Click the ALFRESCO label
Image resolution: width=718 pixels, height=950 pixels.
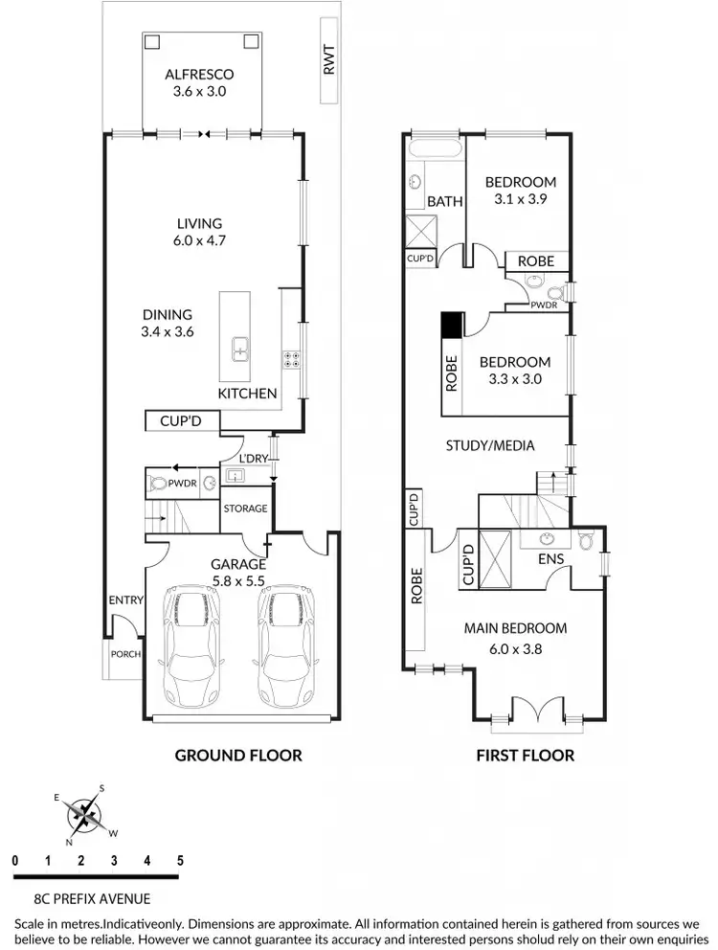[x=199, y=75]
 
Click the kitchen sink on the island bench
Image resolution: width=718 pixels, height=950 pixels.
[x=240, y=351]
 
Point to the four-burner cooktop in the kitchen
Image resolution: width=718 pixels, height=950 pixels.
[x=290, y=360]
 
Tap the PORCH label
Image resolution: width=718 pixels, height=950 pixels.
[x=125, y=655]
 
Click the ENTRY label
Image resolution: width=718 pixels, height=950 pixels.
[x=125, y=600]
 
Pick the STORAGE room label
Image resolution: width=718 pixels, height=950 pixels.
[x=246, y=509]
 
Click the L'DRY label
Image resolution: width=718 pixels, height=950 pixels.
[x=253, y=460]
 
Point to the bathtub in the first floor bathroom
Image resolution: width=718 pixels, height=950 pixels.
[x=436, y=147]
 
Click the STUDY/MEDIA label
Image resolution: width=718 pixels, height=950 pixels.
[x=490, y=445]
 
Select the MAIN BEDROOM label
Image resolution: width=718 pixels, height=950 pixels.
[x=515, y=629]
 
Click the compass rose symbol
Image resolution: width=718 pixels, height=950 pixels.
[x=87, y=815]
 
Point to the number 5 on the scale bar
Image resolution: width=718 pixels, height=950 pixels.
[x=179, y=861]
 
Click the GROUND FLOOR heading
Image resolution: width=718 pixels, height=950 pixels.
[x=237, y=756]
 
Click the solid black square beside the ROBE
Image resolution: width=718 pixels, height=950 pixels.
[x=451, y=326]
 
